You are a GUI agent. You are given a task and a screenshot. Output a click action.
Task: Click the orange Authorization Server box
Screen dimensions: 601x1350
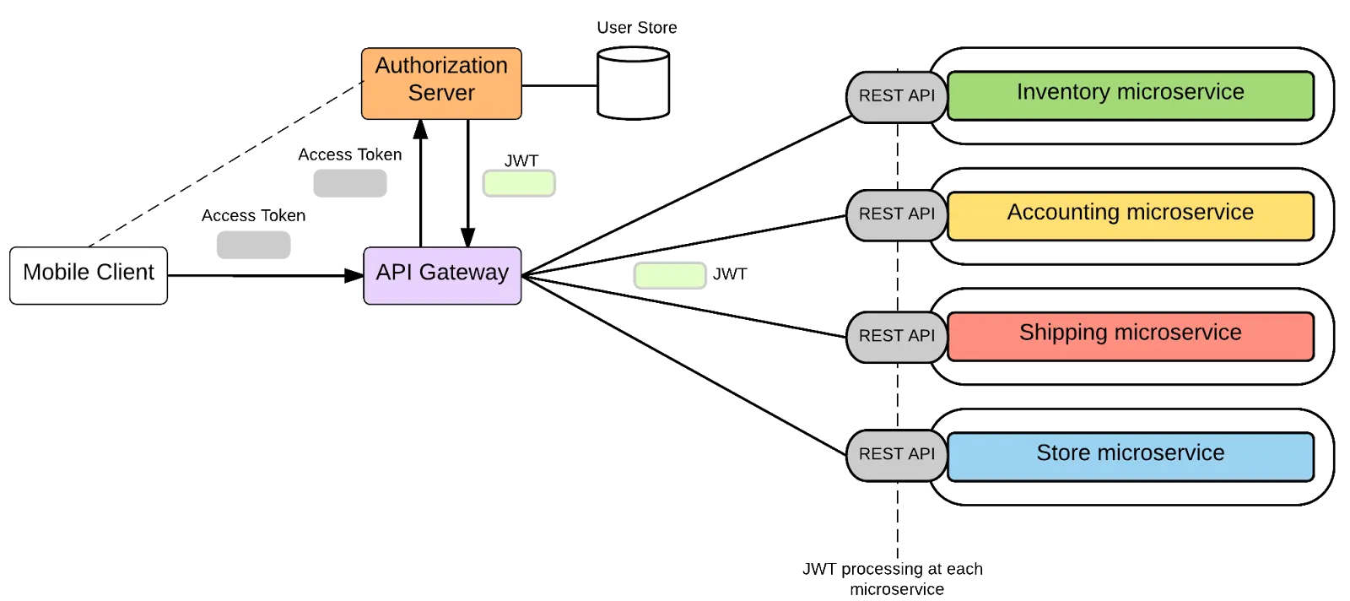pyautogui.click(x=441, y=84)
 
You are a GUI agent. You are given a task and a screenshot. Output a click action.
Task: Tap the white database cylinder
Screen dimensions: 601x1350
pyautogui.click(x=633, y=84)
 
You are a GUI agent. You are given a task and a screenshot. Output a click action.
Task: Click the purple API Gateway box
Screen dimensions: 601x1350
pyautogui.click(x=442, y=274)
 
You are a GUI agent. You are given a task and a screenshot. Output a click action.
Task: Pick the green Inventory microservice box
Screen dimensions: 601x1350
pyautogui.click(x=1130, y=95)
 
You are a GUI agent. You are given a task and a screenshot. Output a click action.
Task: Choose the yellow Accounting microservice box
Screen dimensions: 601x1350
pyautogui.click(x=1130, y=215)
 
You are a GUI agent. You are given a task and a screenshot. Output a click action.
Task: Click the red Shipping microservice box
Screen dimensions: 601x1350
pyautogui.click(x=1130, y=335)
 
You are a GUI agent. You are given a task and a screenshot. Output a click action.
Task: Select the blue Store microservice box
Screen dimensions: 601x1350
pyautogui.click(x=1130, y=456)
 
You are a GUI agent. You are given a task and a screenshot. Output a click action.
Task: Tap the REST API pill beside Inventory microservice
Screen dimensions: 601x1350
pyautogui.click(x=896, y=96)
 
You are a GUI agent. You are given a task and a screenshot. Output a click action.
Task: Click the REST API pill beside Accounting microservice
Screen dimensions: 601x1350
pyautogui.click(x=896, y=214)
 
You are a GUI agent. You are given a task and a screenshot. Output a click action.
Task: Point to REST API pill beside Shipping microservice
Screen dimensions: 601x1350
pyautogui.click(x=896, y=336)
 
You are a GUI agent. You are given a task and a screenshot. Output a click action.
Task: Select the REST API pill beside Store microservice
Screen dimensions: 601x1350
pyautogui.click(x=896, y=454)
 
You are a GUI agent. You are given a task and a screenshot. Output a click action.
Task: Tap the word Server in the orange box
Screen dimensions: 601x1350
pyautogui.click(x=441, y=93)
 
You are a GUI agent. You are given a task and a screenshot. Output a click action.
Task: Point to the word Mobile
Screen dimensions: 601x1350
pyautogui.click(x=56, y=272)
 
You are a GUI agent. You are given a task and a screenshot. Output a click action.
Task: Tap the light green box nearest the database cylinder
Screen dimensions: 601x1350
pyautogui.click(x=519, y=183)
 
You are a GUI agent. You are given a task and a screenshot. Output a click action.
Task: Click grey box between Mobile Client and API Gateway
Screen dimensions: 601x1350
pyautogui.click(x=254, y=246)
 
